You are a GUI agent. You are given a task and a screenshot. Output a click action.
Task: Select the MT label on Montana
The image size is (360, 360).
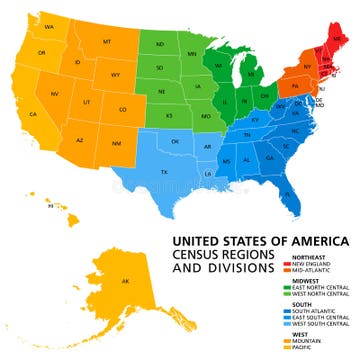click(106, 43)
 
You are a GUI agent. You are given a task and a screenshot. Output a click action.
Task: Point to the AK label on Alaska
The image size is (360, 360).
click(124, 281)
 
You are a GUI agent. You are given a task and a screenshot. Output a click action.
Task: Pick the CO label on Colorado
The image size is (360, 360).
click(122, 109)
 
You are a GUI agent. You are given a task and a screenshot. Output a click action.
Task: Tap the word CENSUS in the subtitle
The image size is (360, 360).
click(203, 256)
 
